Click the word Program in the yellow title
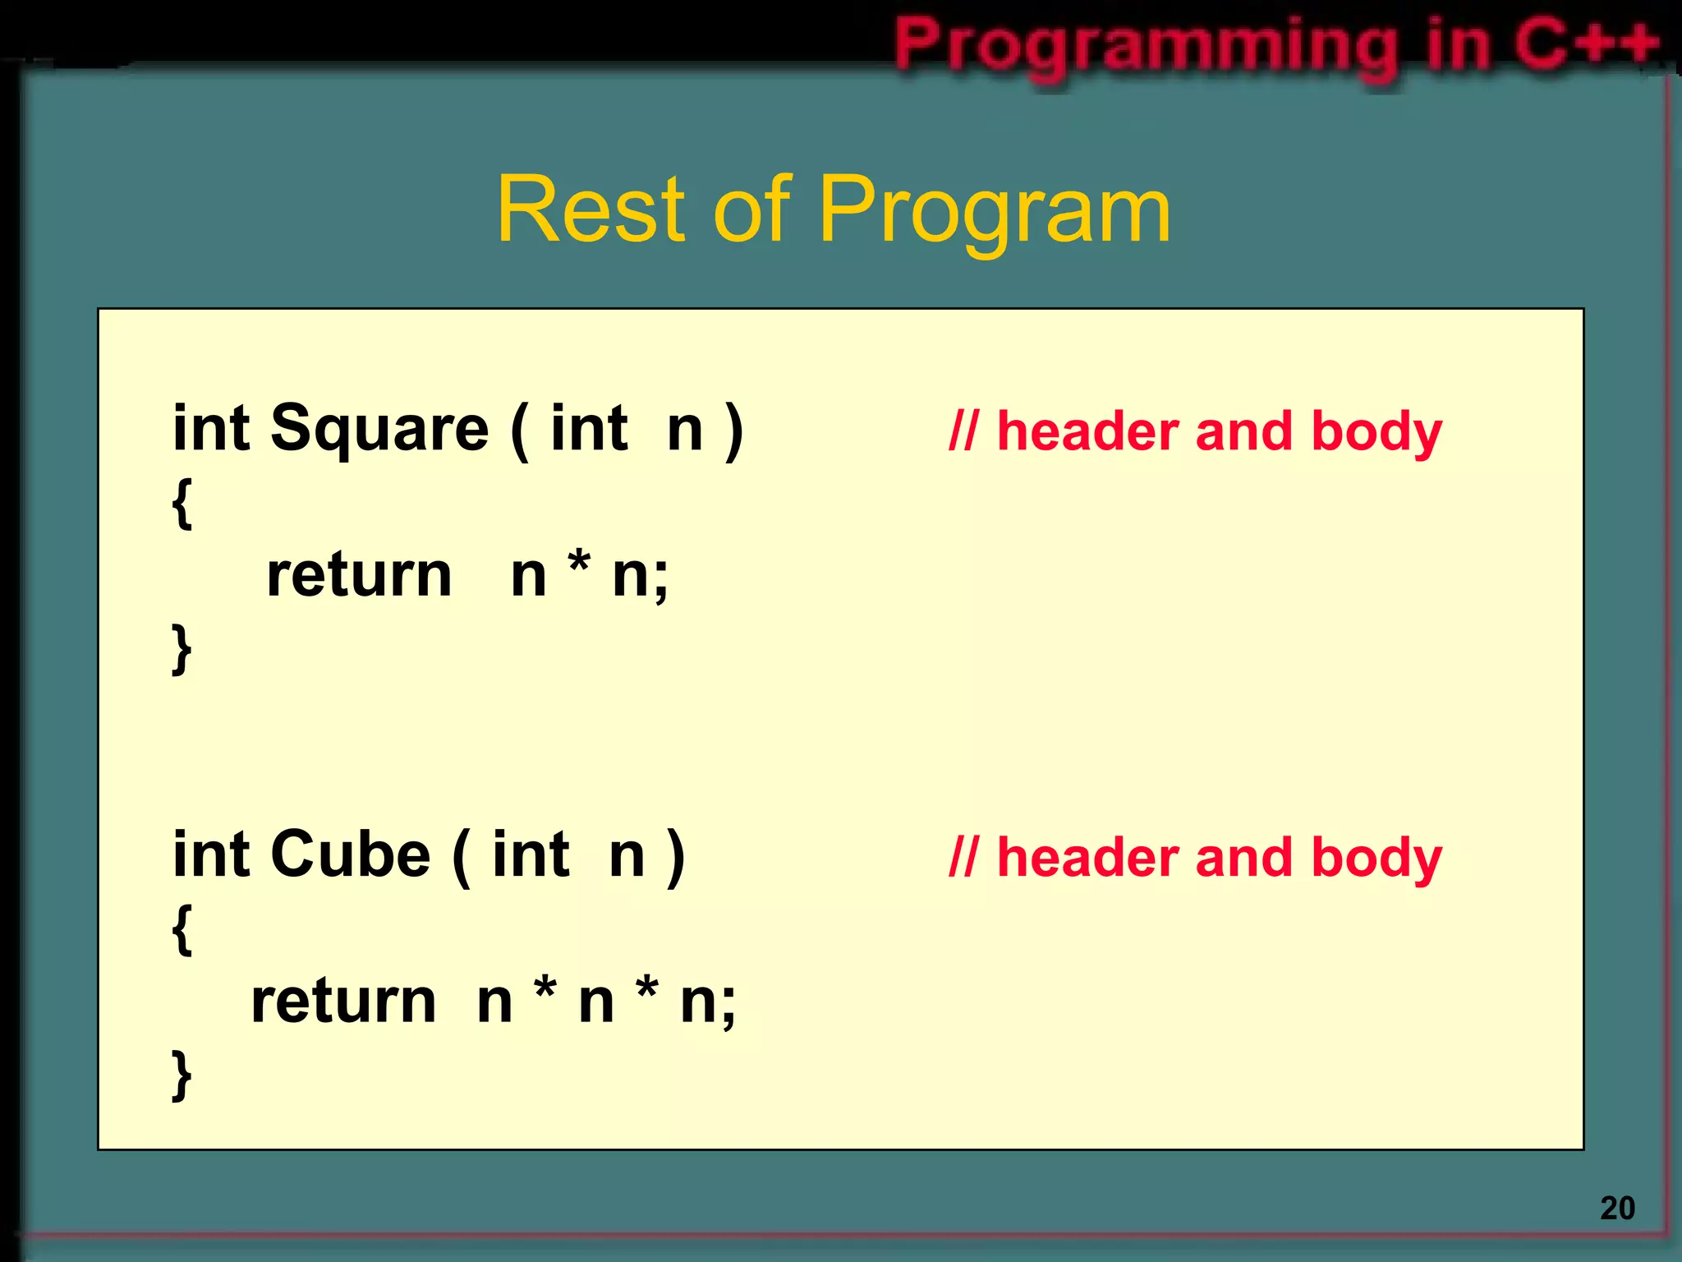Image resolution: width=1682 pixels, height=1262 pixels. (x=995, y=212)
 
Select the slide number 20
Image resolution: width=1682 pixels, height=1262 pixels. (x=1617, y=1208)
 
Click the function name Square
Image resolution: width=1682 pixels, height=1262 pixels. (x=379, y=429)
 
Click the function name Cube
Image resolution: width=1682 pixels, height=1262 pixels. (x=350, y=854)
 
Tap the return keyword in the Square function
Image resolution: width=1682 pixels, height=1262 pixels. (x=359, y=574)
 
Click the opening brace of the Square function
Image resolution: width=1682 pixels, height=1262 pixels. (x=182, y=503)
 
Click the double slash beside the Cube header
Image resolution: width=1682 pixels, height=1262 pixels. (x=963, y=857)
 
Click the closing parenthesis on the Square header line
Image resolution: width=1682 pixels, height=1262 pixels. (x=733, y=431)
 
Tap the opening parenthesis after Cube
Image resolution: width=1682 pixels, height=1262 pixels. (x=462, y=856)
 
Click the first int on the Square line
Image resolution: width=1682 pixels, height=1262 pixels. (x=210, y=429)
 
